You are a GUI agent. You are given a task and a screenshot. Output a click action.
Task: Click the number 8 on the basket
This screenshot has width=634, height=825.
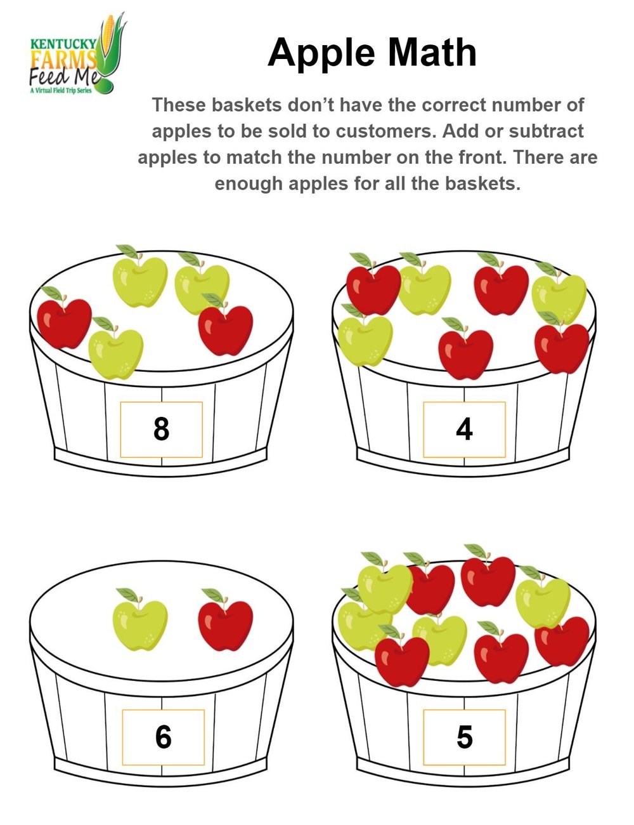pos(162,429)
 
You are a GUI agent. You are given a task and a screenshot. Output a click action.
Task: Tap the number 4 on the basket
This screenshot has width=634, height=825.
pos(464,430)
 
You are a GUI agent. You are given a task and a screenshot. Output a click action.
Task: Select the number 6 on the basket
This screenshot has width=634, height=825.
pos(163,737)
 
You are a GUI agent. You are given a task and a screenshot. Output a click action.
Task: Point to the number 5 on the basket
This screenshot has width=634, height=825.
pos(464,737)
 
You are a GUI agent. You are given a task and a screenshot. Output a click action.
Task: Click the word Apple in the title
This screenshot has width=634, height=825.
pos(321,53)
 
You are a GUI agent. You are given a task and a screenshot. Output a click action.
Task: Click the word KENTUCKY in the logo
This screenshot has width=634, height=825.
pos(63,44)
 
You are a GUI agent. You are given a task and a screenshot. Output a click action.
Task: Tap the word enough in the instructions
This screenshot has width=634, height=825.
pos(248,184)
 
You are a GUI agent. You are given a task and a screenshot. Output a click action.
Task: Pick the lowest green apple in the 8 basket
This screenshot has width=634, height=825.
pos(116,352)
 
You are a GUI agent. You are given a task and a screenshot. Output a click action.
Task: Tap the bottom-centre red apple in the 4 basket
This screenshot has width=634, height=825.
pos(466,352)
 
